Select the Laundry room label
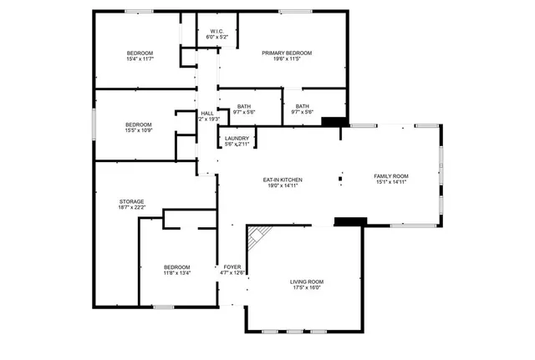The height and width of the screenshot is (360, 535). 237,138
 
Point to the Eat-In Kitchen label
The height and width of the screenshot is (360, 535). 283,180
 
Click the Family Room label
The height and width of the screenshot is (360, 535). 390,175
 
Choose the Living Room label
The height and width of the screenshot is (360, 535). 306,282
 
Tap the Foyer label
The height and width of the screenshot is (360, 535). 232,266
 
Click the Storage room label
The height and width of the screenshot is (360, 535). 131,201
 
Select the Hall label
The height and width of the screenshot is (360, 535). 206,114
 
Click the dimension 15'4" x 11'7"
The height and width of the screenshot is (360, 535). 140,59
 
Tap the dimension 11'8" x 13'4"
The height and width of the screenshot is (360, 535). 176,273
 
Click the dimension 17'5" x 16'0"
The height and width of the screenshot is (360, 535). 306,289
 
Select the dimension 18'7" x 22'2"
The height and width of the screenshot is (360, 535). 131,208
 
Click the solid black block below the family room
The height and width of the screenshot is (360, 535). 350,221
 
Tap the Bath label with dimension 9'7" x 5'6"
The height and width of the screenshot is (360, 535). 244,106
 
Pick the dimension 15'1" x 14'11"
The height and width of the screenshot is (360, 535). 390,182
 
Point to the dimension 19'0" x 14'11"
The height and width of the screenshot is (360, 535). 283,187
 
